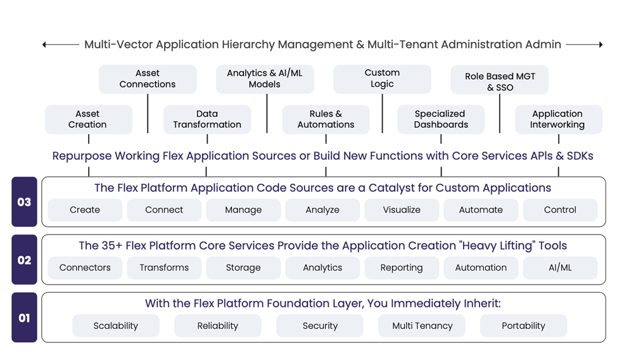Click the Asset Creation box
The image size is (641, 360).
coord(88,119)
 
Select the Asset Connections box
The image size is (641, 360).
coord(148,79)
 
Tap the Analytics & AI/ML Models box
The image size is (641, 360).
coord(265,79)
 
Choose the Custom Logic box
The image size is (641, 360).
coord(382,79)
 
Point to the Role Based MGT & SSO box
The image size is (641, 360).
coord(500,79)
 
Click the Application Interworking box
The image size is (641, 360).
coord(559,119)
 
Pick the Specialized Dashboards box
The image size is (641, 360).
coord(441,119)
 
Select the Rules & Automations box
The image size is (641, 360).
coord(326,119)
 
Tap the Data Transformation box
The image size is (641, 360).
coord(207,119)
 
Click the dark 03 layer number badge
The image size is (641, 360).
coord(24,202)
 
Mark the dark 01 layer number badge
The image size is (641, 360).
coord(24,318)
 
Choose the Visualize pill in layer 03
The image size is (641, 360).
coord(402,210)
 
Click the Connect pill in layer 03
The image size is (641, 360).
coord(164,210)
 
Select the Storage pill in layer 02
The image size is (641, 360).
coord(243,267)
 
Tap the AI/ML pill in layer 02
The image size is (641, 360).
coord(560,267)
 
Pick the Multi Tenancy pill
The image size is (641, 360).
coord(422,326)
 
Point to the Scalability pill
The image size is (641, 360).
coord(116,326)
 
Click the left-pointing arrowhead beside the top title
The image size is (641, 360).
coord(44,44)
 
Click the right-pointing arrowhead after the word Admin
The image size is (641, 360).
coord(601,44)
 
